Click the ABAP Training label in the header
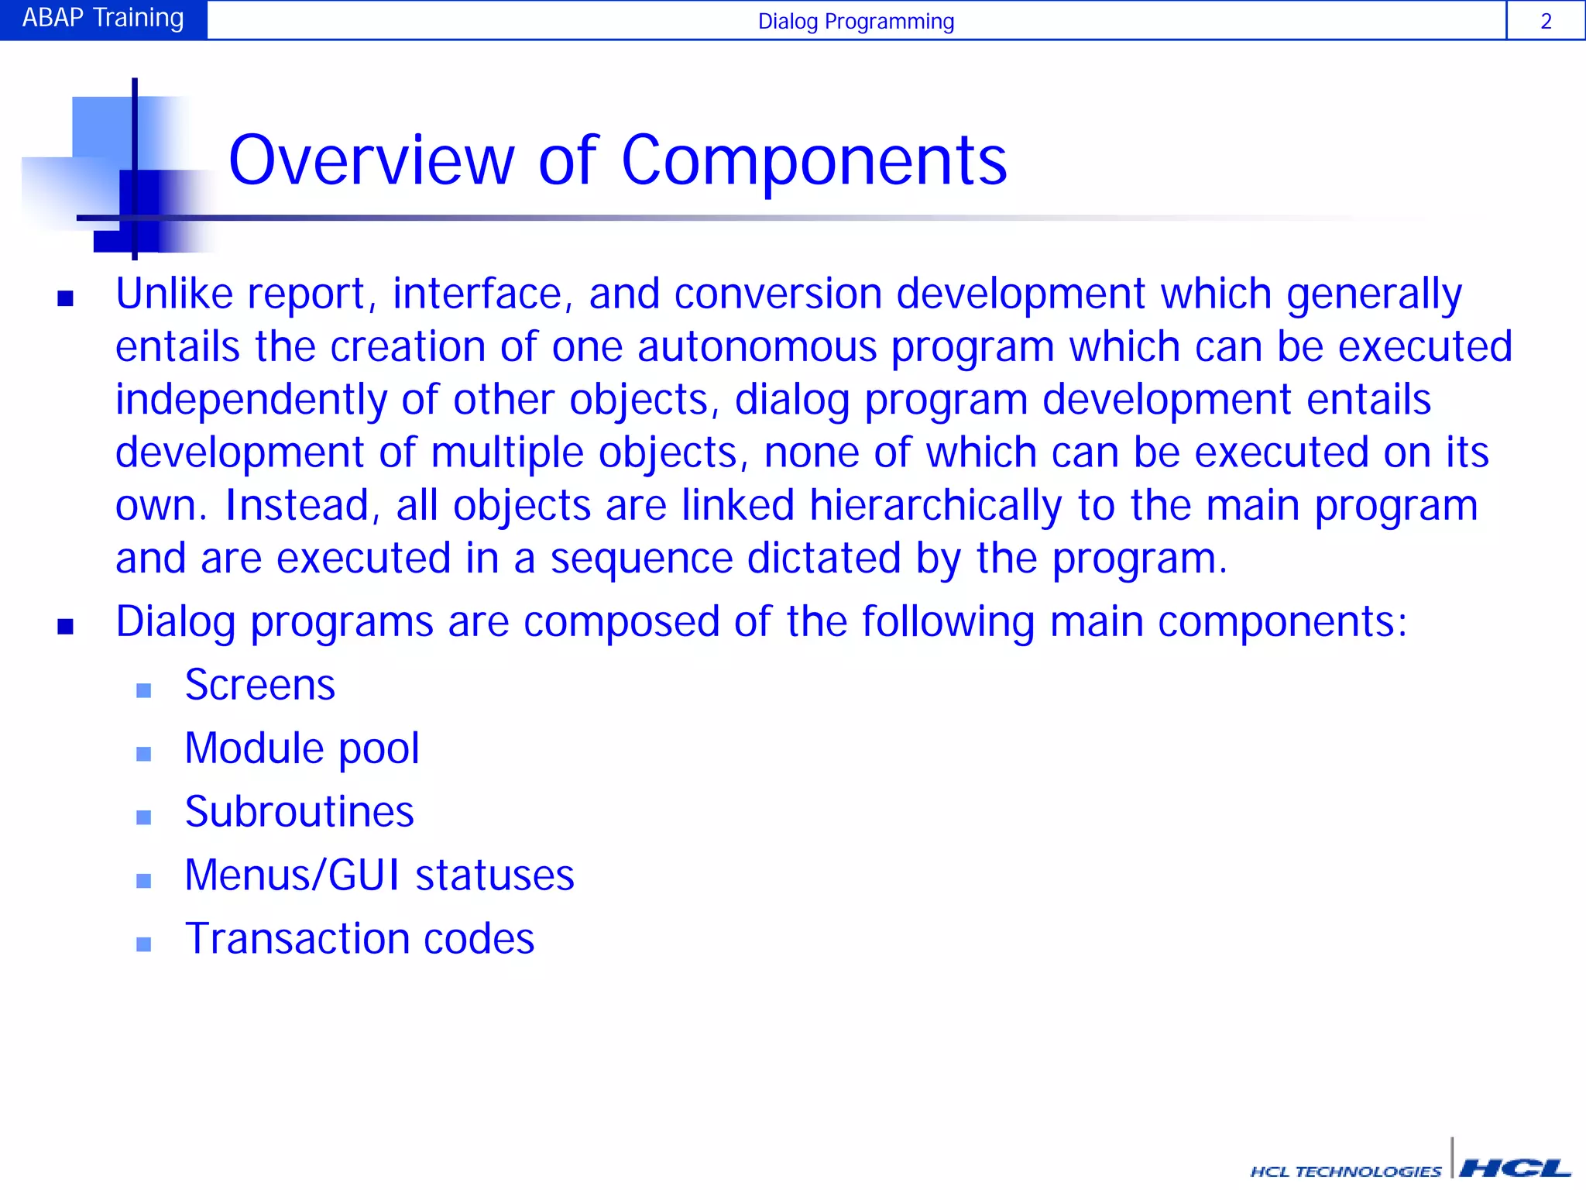tap(103, 19)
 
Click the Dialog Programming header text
tap(856, 22)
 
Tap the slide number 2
tap(1546, 22)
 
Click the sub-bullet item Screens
tap(259, 685)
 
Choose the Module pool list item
tap(302, 748)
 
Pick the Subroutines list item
tap(299, 812)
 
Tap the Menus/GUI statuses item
tap(379, 875)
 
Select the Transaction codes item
tap(359, 939)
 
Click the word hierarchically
tap(935, 506)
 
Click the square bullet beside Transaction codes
tap(143, 944)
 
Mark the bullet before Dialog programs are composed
tap(65, 626)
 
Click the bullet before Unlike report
tap(65, 298)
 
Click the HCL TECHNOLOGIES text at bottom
tap(1346, 1171)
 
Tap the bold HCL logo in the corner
tap(1515, 1168)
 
